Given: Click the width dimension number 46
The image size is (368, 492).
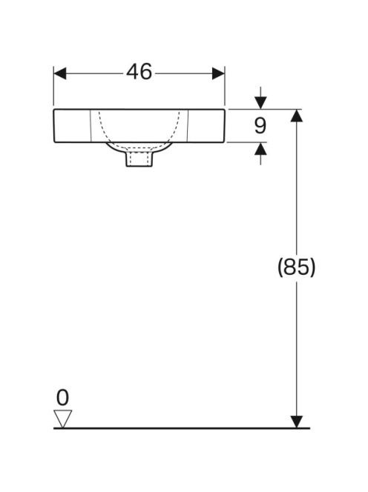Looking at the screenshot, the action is [139, 72].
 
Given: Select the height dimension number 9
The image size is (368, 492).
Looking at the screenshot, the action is [260, 125].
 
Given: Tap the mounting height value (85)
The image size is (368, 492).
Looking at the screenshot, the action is [296, 267].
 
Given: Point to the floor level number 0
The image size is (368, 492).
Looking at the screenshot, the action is [62, 398].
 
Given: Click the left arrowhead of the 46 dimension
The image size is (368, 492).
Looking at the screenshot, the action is [60, 73].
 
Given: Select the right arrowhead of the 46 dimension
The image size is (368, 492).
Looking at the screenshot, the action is [218, 73].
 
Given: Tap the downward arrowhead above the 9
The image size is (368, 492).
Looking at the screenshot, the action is [260, 103].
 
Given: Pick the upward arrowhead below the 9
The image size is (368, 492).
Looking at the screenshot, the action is [260, 149].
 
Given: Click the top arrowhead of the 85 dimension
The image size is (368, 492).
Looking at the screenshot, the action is [296, 116].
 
